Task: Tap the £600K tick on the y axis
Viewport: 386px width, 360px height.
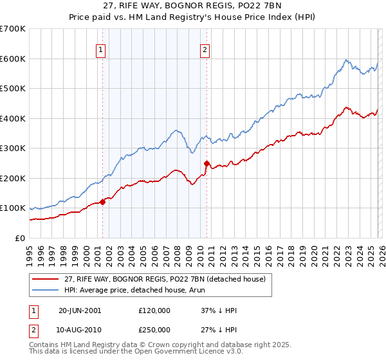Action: pos(13,59)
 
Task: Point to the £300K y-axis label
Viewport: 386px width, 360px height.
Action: pos(13,148)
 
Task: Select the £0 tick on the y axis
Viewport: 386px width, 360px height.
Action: pos(21,239)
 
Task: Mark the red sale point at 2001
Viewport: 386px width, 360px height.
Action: pos(103,203)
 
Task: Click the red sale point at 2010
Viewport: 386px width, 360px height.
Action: pos(207,163)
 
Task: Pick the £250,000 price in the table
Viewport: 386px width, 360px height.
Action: pos(154,330)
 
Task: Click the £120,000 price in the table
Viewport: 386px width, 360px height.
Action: pos(154,310)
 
